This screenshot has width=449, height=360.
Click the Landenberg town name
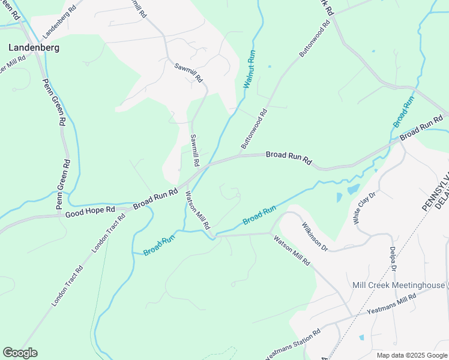click(x=34, y=47)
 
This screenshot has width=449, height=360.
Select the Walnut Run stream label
click(x=250, y=70)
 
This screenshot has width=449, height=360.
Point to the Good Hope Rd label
click(x=90, y=211)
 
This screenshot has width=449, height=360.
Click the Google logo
click(x=20, y=353)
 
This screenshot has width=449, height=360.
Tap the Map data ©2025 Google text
click(x=411, y=355)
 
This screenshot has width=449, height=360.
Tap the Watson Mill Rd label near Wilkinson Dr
click(x=291, y=251)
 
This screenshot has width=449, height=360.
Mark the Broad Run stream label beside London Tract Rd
click(x=159, y=245)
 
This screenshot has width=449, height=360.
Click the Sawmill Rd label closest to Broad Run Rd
click(x=194, y=150)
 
